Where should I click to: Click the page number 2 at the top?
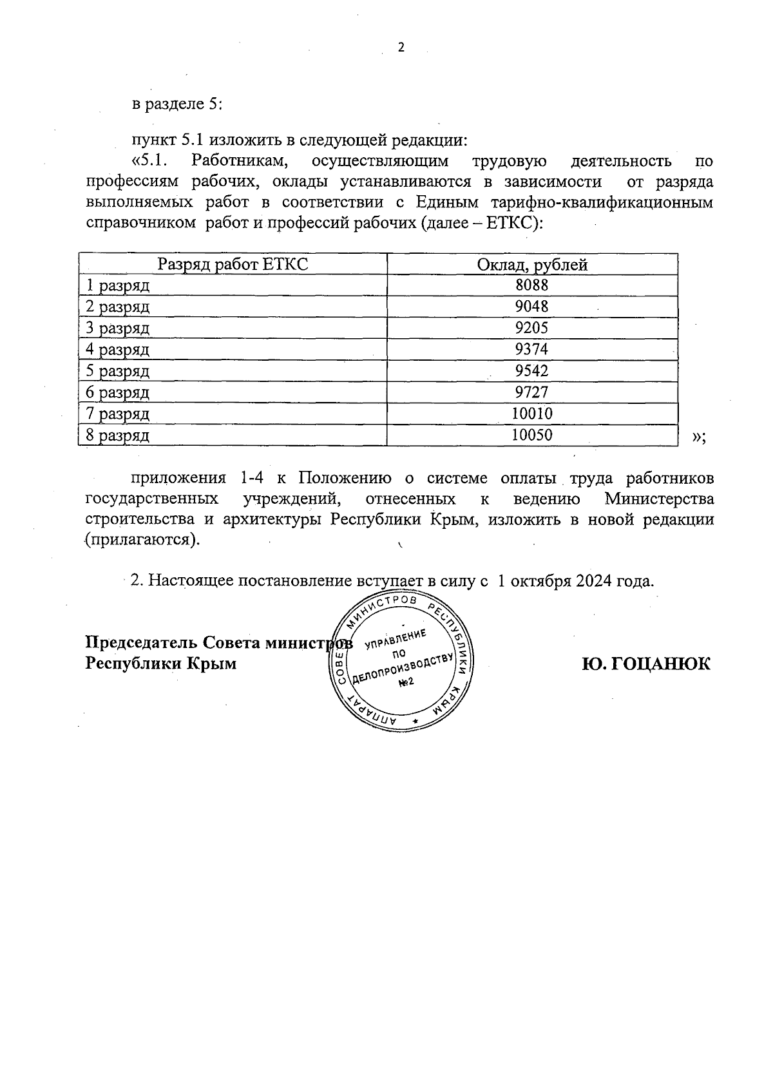click(x=401, y=48)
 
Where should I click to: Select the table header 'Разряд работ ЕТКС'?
click(x=233, y=265)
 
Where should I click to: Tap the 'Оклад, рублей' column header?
click(x=532, y=265)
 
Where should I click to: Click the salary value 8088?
click(x=532, y=285)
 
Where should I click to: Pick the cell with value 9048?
click(x=532, y=307)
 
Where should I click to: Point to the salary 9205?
click(x=532, y=328)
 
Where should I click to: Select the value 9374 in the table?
click(x=532, y=349)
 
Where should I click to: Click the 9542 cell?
click(x=532, y=371)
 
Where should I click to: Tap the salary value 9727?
click(x=532, y=392)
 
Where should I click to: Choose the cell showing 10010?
click(x=532, y=414)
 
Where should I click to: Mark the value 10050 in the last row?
click(x=532, y=435)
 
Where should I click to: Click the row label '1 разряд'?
click(x=118, y=285)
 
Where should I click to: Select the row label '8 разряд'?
click(x=118, y=435)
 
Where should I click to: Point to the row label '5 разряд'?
click(x=118, y=371)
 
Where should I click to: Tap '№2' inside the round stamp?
click(x=406, y=682)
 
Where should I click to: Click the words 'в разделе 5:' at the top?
click(x=177, y=104)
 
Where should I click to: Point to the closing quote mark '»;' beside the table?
click(x=698, y=437)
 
